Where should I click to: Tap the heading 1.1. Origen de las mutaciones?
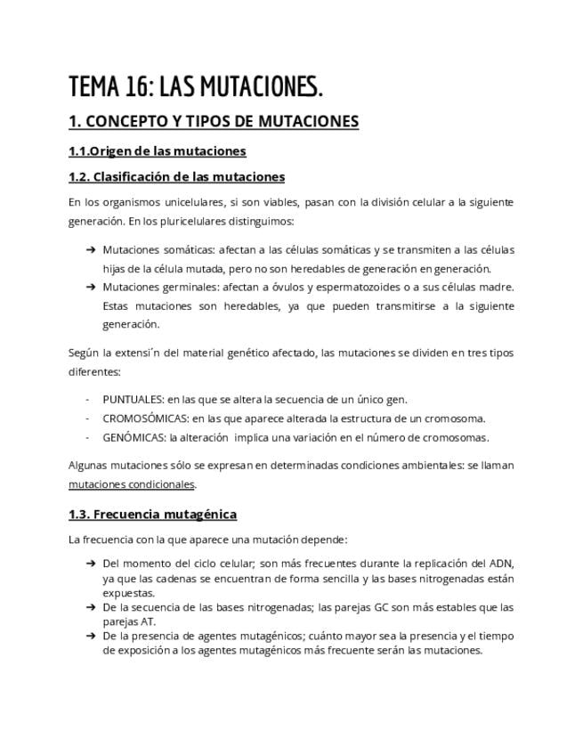(x=157, y=150)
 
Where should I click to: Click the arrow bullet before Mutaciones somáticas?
(x=91, y=250)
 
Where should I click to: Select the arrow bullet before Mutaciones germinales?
(x=91, y=287)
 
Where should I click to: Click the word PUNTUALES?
(x=134, y=399)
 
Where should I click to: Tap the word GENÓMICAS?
(x=134, y=437)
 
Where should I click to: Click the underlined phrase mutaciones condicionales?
(x=132, y=484)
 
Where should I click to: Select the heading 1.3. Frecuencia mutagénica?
(x=152, y=515)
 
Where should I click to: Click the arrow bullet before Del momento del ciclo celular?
(x=91, y=564)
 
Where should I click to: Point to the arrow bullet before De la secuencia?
(x=91, y=607)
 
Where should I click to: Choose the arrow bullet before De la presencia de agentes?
(x=91, y=637)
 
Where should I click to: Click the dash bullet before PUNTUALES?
(x=87, y=399)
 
